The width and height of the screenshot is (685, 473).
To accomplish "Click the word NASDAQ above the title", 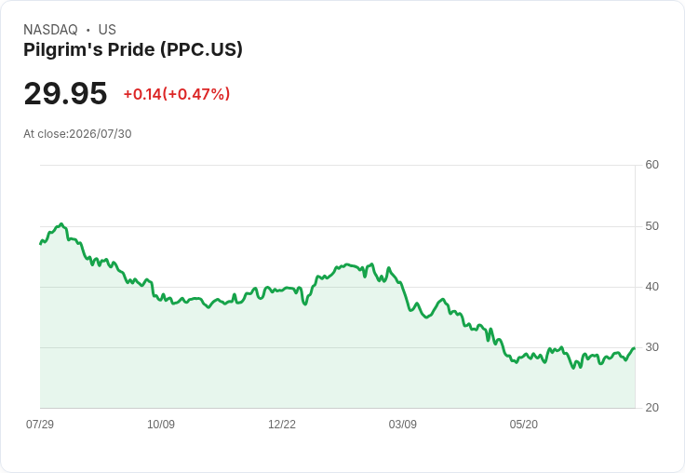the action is tap(50, 30).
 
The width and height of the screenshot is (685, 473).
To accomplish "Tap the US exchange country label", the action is tap(107, 30).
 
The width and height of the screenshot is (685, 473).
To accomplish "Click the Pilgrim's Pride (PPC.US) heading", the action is tap(133, 50).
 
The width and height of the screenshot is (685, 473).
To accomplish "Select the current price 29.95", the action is tap(65, 93).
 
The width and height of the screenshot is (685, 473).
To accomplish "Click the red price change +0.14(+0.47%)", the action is tap(177, 94).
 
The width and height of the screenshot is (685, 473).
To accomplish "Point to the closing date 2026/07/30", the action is tap(100, 134).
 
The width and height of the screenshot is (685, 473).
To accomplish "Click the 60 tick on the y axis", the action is tap(651, 165).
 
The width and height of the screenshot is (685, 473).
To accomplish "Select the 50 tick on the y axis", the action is tap(651, 226).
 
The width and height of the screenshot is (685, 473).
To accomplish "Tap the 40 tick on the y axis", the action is tap(651, 287).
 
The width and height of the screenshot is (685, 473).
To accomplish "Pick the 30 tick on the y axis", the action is tap(651, 347).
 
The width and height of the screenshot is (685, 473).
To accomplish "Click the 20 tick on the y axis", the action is tap(651, 408).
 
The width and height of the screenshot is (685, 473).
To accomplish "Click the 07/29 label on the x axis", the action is tap(40, 425).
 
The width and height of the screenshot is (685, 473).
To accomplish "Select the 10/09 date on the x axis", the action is tap(161, 425).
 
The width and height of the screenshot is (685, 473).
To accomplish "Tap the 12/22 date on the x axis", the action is tap(282, 425).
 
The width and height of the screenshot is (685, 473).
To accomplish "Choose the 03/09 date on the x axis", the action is tap(402, 425).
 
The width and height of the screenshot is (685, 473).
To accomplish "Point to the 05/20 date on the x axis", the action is tap(523, 425).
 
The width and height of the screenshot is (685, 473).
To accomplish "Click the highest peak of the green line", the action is tap(61, 223).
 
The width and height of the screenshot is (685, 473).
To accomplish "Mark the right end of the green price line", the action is tap(635, 348).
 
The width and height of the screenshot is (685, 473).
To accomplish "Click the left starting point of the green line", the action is tap(40, 244).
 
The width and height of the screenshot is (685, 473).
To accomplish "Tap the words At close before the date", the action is tap(45, 134).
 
